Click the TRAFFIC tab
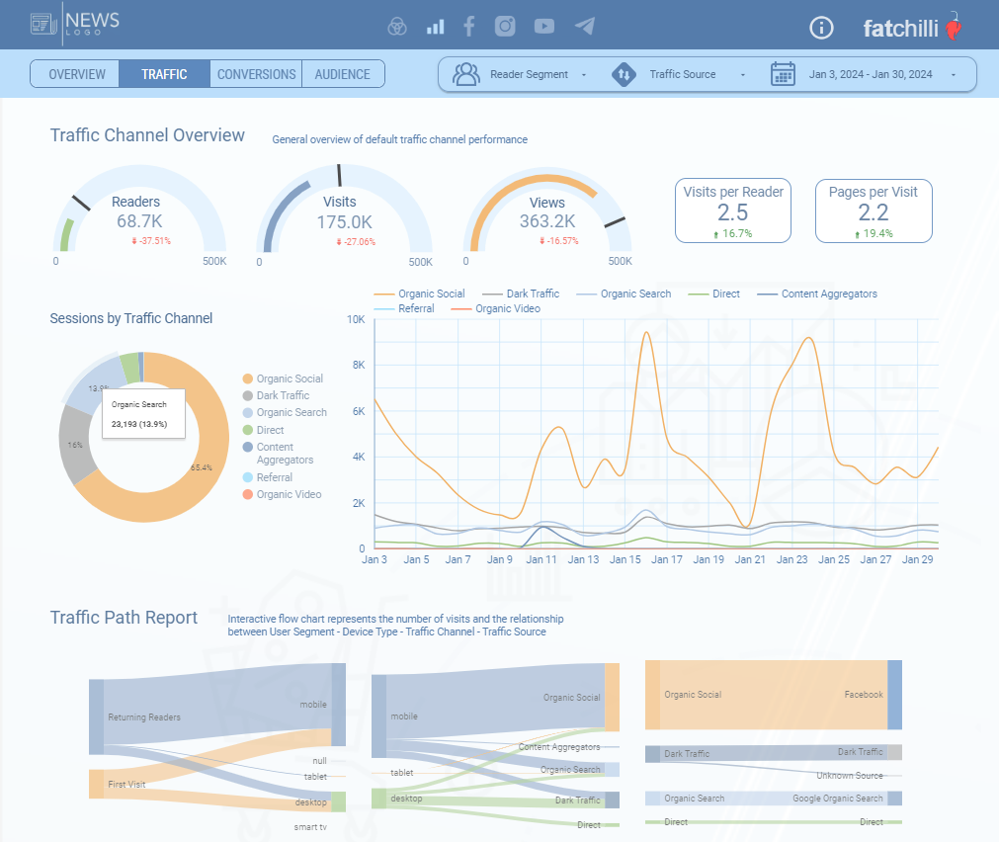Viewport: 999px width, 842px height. tap(164, 74)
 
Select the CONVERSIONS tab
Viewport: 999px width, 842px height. tap(256, 74)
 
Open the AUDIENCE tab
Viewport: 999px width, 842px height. tap(342, 74)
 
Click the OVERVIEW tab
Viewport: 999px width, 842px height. tap(76, 74)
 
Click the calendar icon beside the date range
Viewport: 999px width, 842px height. tap(783, 74)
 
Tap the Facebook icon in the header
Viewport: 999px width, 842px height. tap(469, 27)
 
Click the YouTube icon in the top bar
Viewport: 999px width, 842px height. tap(544, 27)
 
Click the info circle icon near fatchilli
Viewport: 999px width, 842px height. tap(821, 28)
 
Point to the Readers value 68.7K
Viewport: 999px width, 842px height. tap(139, 221)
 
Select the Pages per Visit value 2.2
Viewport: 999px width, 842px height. tap(873, 212)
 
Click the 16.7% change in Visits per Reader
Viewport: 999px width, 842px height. tap(732, 234)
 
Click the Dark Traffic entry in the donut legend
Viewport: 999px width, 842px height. tap(283, 395)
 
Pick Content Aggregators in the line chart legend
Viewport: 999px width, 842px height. tap(828, 294)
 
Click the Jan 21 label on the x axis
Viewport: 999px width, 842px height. tap(750, 559)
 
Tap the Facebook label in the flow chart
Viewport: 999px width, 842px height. tap(863, 695)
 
